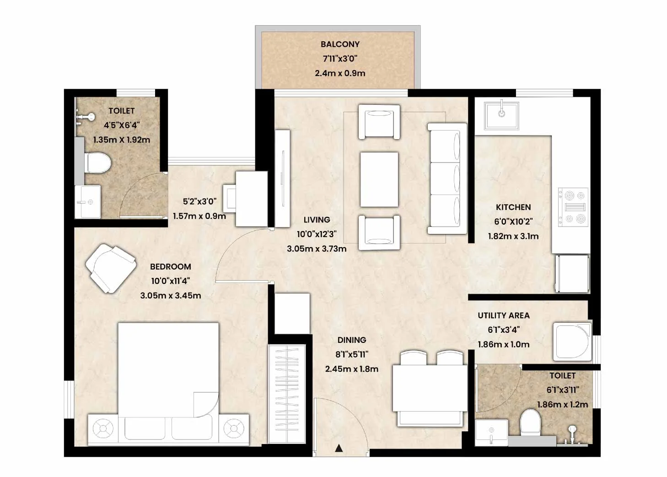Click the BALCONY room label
(x=340, y=44)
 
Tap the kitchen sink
(x=501, y=116)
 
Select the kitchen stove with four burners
(x=573, y=207)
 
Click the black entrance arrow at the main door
(x=338, y=448)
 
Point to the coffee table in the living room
(x=379, y=179)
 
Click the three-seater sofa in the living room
(x=447, y=179)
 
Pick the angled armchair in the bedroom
(x=111, y=268)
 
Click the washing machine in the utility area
(x=572, y=342)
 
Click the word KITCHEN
(x=513, y=207)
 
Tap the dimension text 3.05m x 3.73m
(x=317, y=249)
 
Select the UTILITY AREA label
(x=504, y=315)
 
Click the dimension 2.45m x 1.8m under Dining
(x=352, y=369)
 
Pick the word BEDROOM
(x=170, y=267)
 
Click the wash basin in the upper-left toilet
(x=87, y=202)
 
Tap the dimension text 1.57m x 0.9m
(x=199, y=216)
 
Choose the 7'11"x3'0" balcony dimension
(x=340, y=59)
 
